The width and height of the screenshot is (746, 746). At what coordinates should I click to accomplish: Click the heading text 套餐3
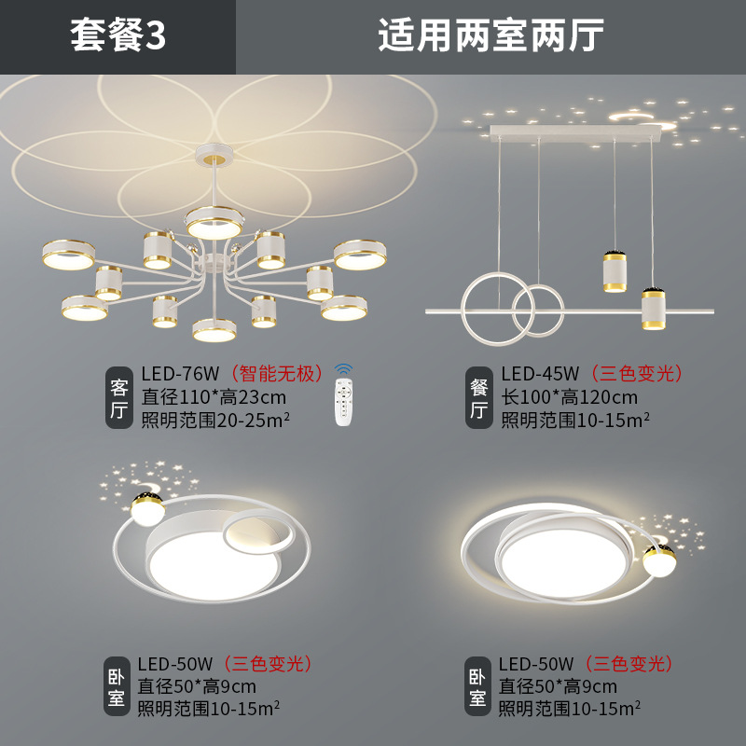117,36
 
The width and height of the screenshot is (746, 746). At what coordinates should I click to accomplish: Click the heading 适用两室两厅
490,36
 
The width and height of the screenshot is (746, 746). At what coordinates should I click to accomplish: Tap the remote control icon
345,395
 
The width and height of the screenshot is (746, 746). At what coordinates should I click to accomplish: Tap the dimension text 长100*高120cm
570,397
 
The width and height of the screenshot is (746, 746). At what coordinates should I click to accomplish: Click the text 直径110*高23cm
214,397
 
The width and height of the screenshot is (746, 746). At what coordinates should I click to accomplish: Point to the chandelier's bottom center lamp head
214,329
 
